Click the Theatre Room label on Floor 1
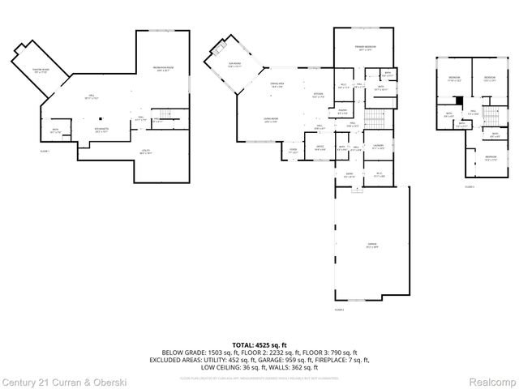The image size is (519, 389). [x=41, y=71]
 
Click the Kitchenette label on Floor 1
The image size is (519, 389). [x=103, y=130]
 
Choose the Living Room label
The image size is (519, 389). [x=270, y=120]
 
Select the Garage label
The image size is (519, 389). [x=371, y=244]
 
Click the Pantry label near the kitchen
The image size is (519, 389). [x=343, y=111]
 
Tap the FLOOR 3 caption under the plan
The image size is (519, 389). [x=470, y=187]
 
